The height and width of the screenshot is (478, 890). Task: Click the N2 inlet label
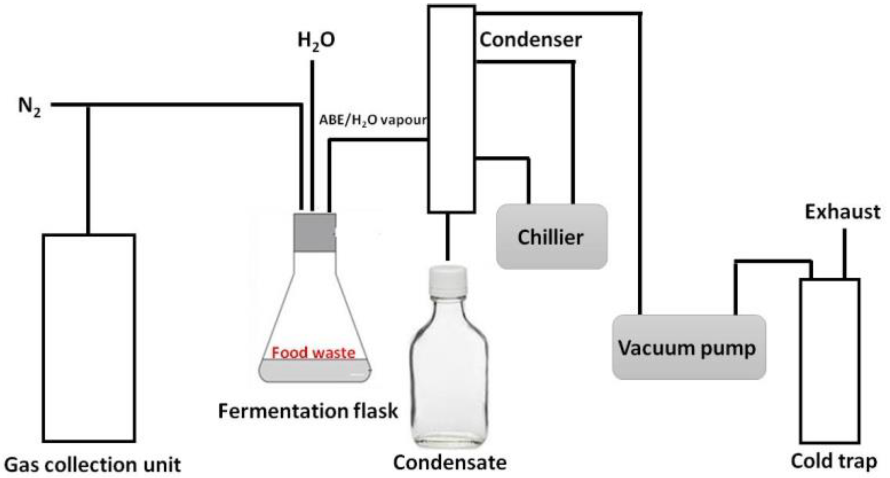[x=29, y=106]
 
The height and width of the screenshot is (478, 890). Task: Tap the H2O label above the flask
[x=316, y=41]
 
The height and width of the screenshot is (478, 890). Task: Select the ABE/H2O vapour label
[x=373, y=120]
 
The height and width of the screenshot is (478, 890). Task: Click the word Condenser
[x=530, y=40]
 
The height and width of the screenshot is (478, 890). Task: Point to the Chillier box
[x=551, y=237]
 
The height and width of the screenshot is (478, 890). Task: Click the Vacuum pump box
[x=689, y=347]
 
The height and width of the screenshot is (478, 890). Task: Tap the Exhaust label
[x=842, y=212]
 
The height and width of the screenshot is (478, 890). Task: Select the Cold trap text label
[x=834, y=461]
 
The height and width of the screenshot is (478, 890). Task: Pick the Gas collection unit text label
[x=92, y=465]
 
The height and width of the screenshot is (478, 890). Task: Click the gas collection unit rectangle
[x=89, y=338]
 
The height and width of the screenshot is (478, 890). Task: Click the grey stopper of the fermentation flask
[x=315, y=232]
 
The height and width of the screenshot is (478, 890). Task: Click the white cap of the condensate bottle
[x=448, y=277]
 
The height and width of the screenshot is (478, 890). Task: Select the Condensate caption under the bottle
[x=450, y=463]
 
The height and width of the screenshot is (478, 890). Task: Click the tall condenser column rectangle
[x=451, y=109]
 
